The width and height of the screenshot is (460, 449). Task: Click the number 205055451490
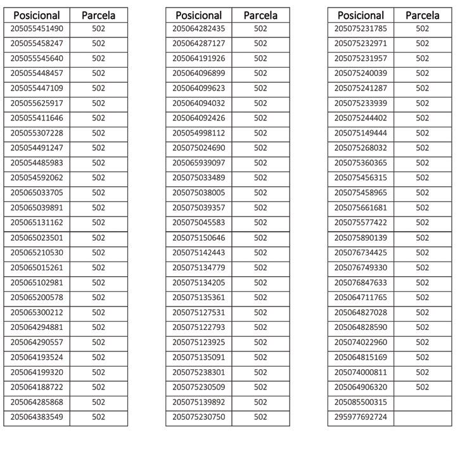tap(37, 28)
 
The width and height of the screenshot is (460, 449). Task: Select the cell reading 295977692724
tap(361, 417)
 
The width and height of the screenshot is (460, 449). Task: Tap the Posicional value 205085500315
tap(361, 402)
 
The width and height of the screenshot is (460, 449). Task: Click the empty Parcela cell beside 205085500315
tap(422, 402)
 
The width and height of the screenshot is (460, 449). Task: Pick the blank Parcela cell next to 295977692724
tap(422, 417)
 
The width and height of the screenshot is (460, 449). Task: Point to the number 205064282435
tap(199, 28)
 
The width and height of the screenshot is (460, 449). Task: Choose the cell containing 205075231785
tap(361, 28)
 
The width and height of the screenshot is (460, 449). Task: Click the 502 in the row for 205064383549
tap(98, 417)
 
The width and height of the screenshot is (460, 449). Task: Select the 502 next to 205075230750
tap(260, 417)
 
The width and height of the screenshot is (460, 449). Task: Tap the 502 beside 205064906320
tap(422, 388)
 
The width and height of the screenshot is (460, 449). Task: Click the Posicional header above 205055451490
tap(37, 15)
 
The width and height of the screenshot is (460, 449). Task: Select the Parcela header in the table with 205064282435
tap(260, 15)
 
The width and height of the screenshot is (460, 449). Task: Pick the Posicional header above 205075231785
tap(361, 15)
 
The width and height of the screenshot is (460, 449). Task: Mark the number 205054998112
tap(199, 133)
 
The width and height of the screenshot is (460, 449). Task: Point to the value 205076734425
tap(361, 253)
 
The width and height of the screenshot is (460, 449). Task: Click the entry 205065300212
tap(37, 313)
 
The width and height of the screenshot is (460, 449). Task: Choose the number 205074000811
tap(361, 372)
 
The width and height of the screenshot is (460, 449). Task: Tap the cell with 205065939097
tap(199, 163)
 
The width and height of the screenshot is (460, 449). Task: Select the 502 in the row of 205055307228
tap(98, 133)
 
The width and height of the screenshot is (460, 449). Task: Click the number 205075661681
tap(361, 208)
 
